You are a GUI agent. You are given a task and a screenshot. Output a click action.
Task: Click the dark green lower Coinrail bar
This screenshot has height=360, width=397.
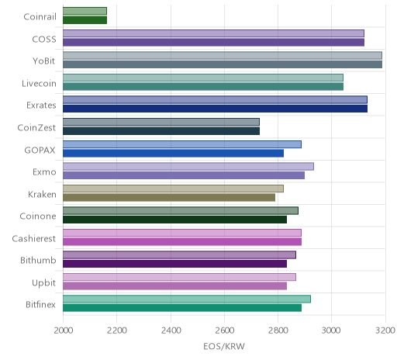(85, 20)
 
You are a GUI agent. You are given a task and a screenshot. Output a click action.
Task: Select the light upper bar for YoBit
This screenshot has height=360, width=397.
(223, 55)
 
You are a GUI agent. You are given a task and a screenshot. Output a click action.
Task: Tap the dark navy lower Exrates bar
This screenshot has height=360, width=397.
(215, 109)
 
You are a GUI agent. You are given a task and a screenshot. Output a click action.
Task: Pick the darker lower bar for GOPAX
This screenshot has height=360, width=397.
(173, 154)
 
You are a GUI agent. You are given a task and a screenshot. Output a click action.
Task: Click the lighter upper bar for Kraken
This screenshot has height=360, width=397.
(173, 189)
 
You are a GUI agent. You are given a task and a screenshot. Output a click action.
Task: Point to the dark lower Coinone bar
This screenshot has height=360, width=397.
(174, 220)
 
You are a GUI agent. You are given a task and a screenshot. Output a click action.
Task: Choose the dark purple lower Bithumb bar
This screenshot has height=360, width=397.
(174, 264)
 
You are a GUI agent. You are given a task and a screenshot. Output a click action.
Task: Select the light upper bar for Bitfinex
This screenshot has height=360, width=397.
(187, 299)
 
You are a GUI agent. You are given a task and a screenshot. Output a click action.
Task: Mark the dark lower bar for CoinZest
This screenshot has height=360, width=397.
(161, 131)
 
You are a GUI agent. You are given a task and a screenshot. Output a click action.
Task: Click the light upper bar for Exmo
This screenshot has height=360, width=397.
(188, 167)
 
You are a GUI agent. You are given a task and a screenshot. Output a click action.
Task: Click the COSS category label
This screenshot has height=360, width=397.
(44, 40)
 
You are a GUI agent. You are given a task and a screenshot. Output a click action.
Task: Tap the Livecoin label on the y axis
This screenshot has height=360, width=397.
(39, 84)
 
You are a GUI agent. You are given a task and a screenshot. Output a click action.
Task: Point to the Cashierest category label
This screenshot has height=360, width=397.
(34, 238)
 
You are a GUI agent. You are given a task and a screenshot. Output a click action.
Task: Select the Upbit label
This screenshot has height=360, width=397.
(43, 283)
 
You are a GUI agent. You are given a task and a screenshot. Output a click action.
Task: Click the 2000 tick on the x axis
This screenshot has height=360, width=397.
(64, 331)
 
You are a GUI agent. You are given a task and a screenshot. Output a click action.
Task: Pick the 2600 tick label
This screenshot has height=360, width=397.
(224, 331)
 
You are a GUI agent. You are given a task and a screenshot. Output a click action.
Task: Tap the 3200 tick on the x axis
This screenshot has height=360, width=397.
(385, 331)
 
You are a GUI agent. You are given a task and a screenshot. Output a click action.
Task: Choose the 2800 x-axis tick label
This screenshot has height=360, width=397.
(278, 331)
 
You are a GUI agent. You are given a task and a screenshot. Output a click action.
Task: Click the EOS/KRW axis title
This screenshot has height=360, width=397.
(224, 346)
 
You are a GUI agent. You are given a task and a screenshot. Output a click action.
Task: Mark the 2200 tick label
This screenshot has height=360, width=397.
(117, 331)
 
